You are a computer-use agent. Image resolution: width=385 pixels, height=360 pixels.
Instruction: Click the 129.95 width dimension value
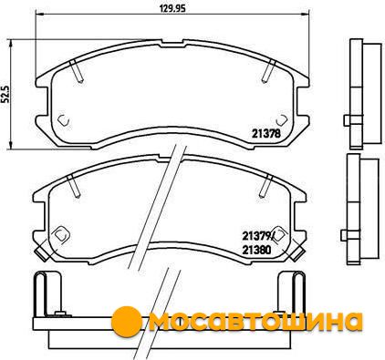pyautogui.click(x=172, y=9)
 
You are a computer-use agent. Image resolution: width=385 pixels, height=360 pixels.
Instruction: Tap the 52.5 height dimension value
pyautogui.click(x=6, y=94)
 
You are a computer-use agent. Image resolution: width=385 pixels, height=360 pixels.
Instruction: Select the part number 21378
pyautogui.click(x=265, y=134)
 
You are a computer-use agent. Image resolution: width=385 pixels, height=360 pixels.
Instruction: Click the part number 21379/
pyautogui.click(x=258, y=235)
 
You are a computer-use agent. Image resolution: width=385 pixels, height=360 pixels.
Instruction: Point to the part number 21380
pyautogui.click(x=256, y=250)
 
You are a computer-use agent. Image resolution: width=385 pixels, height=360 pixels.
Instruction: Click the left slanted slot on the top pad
pyautogui.click(x=76, y=71)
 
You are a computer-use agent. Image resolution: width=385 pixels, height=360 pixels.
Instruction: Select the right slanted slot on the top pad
pyautogui.click(x=268, y=71)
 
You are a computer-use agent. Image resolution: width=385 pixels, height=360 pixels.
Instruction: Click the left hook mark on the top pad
pyautogui.click(x=63, y=120)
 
